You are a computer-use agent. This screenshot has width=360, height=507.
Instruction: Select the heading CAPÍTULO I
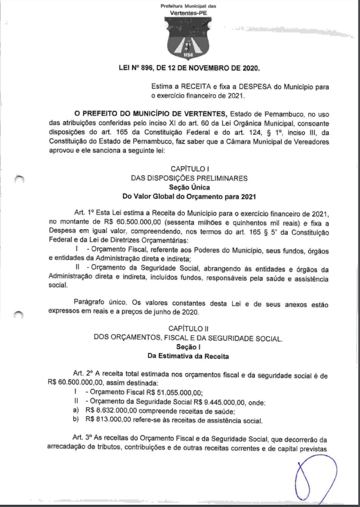coord(189,169)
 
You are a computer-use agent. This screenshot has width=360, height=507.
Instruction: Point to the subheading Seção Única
coord(189,187)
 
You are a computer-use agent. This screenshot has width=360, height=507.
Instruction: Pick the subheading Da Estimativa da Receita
coord(189,355)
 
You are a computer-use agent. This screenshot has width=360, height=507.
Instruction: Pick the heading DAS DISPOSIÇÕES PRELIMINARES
coord(189,178)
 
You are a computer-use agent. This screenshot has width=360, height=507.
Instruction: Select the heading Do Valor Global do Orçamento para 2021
coord(189,197)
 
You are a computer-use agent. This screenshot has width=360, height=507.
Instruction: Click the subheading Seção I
coord(189,346)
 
